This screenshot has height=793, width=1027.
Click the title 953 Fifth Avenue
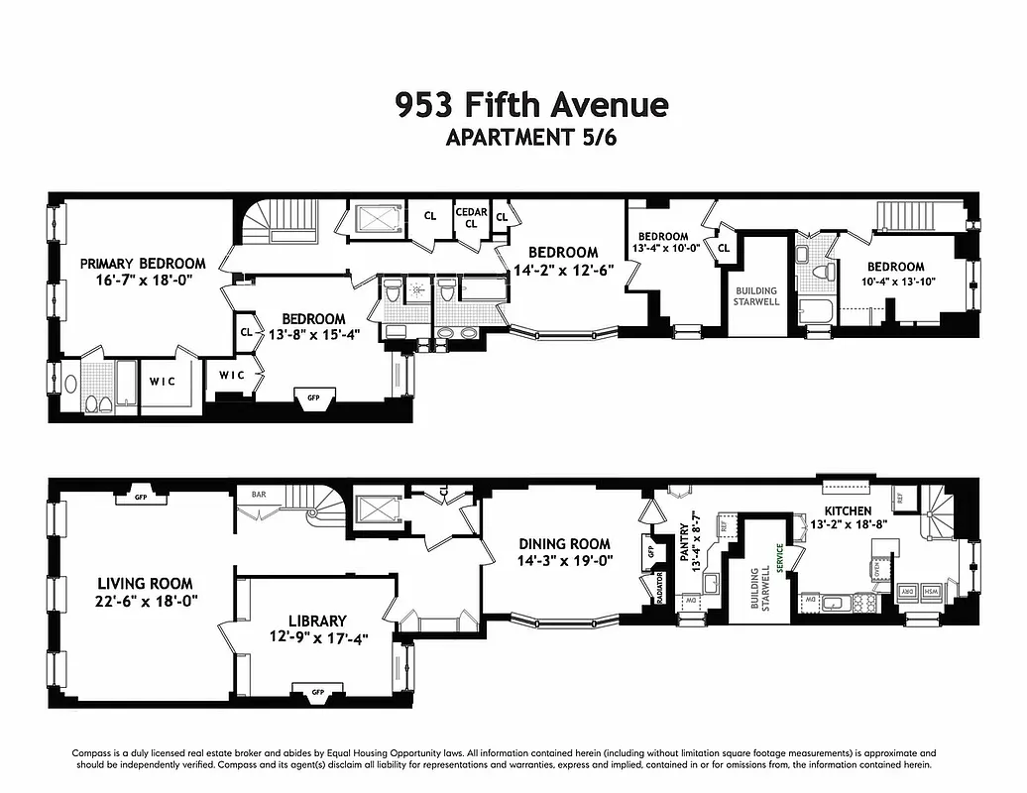[x=531, y=104]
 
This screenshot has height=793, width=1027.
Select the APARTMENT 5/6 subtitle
[x=531, y=138]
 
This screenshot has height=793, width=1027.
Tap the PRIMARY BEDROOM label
[x=143, y=264]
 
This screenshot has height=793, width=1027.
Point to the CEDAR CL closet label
[x=471, y=217]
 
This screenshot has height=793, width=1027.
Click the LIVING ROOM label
[x=145, y=584]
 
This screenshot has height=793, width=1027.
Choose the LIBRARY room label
[x=317, y=621]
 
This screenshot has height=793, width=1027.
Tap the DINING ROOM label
[x=564, y=544]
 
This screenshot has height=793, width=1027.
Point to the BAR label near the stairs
[x=259, y=493]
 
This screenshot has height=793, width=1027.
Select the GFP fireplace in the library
[x=318, y=691]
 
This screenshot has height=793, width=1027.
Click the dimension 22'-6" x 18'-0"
[x=145, y=602]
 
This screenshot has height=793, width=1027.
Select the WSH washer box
[x=931, y=592]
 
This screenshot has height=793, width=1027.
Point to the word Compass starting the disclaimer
[x=91, y=753]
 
